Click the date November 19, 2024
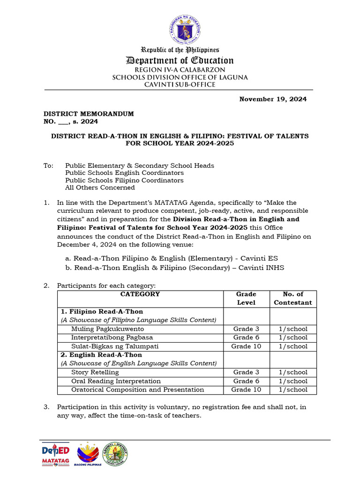tap(273, 99)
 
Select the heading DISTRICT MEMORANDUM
tap(89, 114)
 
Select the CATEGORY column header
tap(140, 294)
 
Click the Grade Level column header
tap(246, 298)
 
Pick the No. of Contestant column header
tap(292, 298)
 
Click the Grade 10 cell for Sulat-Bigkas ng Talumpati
tap(246, 346)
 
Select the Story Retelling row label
tap(95, 372)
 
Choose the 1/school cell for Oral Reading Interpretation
tap(292, 381)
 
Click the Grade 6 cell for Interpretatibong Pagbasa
tap(246, 337)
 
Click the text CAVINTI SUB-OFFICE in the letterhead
tap(180, 85)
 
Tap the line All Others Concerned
tap(100, 187)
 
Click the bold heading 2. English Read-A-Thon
tap(101, 355)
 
